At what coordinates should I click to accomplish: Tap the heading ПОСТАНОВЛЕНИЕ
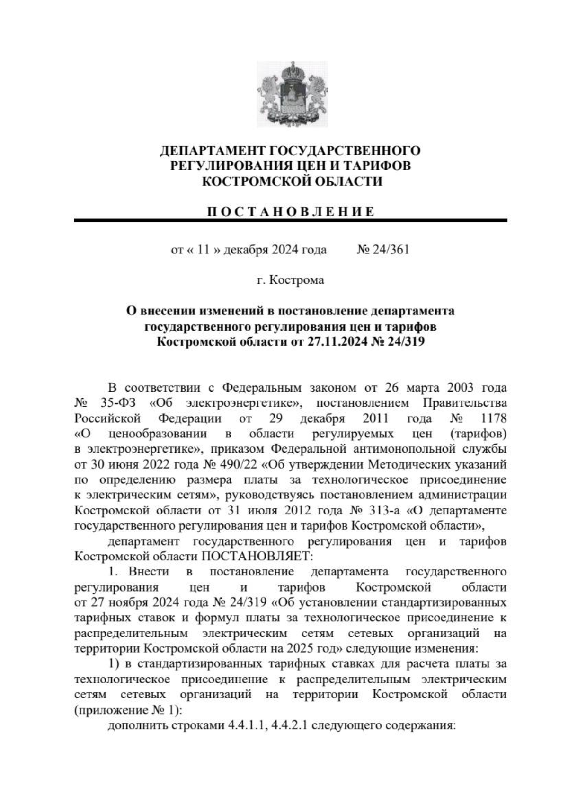(290, 211)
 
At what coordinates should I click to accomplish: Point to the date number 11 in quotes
(203, 249)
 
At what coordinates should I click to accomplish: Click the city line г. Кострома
(290, 280)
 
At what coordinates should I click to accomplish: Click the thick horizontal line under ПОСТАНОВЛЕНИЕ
(290, 220)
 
